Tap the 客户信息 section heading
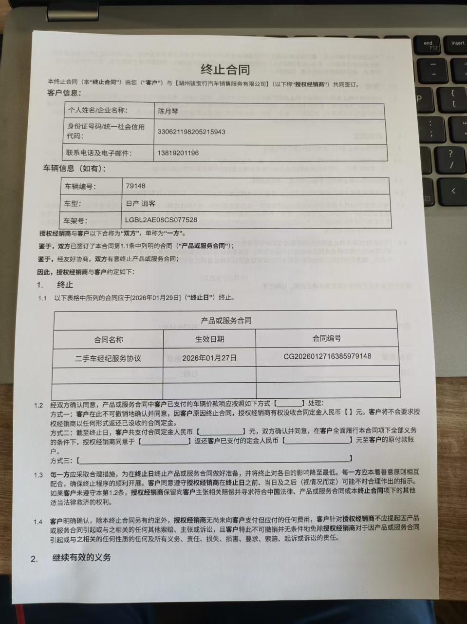64,93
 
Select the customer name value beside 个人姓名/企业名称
168,111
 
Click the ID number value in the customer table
191,132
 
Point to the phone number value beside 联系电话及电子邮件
178,153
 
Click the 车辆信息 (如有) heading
74,169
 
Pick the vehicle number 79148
135,186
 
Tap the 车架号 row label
76,220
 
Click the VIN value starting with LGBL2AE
161,220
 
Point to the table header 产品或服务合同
226,320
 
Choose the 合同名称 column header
108,339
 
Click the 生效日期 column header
209,339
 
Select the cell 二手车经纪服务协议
108,358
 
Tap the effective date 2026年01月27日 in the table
209,358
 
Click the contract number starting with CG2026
327,356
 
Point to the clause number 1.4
38,522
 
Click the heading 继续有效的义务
81,557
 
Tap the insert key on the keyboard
457,43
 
